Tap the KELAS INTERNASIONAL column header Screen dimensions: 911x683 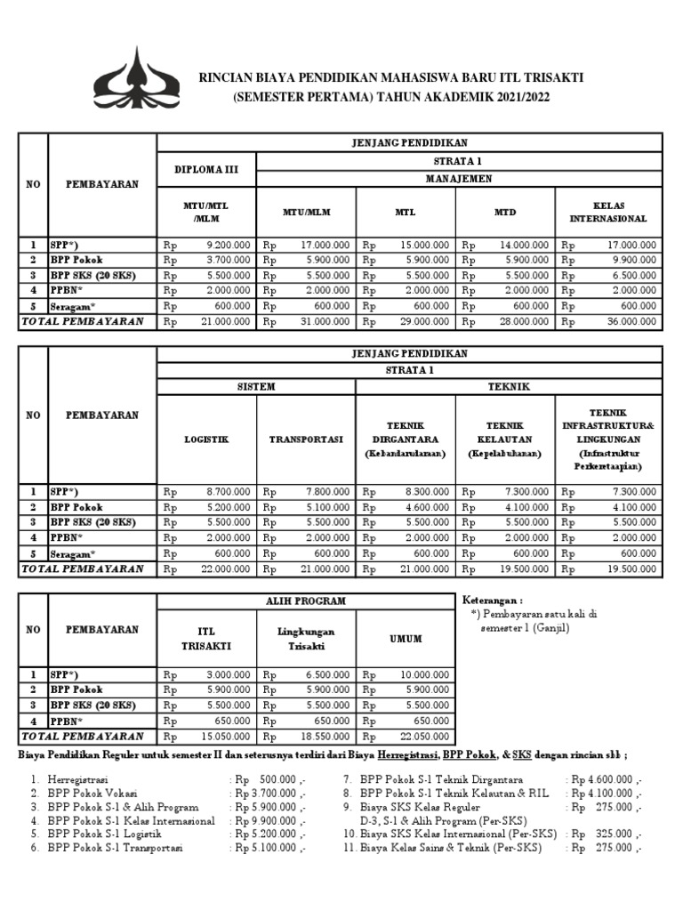point(608,212)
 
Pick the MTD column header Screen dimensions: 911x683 point(505,213)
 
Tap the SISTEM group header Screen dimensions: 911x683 point(255,387)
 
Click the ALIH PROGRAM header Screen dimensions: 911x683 point(305,601)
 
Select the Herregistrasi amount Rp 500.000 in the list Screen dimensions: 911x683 point(267,779)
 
